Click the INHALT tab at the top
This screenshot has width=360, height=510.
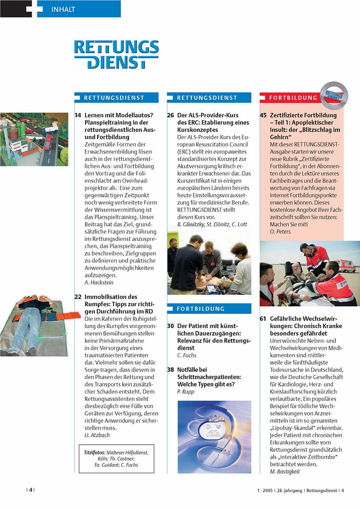(x=63, y=9)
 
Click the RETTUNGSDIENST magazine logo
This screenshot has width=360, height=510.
(x=116, y=54)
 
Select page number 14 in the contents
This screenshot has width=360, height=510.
(x=78, y=115)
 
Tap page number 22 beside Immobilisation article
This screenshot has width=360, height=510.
(x=78, y=297)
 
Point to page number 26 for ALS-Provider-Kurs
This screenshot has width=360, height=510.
(x=171, y=115)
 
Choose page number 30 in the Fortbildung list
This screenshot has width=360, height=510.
(x=171, y=327)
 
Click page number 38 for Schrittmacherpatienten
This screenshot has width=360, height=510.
(x=171, y=370)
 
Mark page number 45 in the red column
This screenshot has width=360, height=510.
(x=263, y=115)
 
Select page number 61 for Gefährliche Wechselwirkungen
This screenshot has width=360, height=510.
(x=263, y=319)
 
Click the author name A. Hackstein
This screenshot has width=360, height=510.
(x=100, y=282)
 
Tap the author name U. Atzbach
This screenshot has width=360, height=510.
(x=97, y=435)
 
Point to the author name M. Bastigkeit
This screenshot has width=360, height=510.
(x=285, y=471)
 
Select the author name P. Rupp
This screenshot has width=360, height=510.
(x=186, y=391)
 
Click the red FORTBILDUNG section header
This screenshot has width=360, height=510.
(x=293, y=98)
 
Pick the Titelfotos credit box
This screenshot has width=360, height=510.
(x=116, y=459)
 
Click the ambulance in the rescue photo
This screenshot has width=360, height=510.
(x=346, y=265)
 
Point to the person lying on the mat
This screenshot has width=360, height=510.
(x=33, y=321)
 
